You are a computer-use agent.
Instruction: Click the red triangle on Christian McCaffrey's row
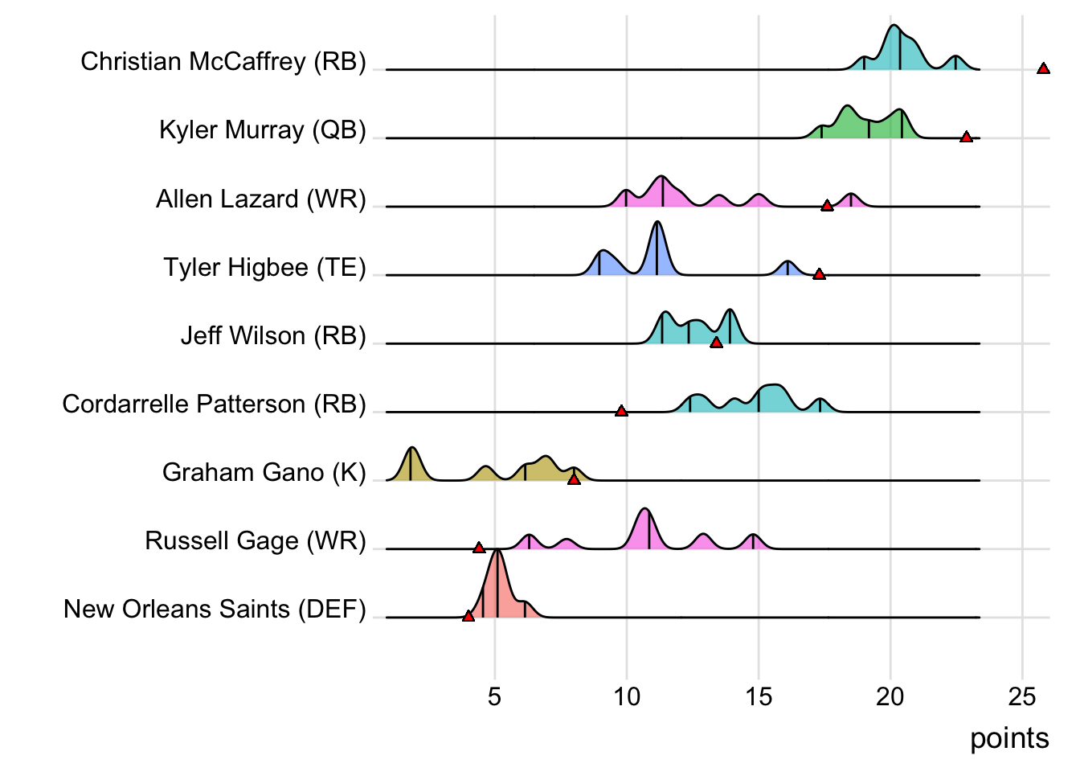pos(1043,69)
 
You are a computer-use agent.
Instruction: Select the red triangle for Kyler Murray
pos(966,138)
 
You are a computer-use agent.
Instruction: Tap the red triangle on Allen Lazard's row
pos(827,207)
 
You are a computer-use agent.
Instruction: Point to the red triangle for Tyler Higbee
pos(819,275)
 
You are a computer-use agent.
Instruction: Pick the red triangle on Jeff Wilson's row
pos(716,343)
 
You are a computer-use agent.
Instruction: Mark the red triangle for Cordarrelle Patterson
pos(621,412)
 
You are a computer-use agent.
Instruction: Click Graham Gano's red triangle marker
pos(574,480)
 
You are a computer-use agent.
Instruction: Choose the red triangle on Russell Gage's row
pos(479,548)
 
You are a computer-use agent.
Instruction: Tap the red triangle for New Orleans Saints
pos(468,617)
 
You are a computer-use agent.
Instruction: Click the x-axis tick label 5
pos(494,696)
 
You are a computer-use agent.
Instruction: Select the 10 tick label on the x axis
pos(626,696)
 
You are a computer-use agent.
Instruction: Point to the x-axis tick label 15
pos(758,696)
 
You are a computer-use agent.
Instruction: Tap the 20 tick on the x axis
pos(890,696)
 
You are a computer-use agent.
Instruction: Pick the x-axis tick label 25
pos(1022,696)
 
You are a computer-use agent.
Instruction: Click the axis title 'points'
pos(1009,738)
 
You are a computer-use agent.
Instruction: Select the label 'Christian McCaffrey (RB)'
pos(223,62)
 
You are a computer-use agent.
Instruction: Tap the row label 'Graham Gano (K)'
pos(264,472)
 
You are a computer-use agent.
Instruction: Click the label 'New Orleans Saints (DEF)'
pos(215,609)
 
